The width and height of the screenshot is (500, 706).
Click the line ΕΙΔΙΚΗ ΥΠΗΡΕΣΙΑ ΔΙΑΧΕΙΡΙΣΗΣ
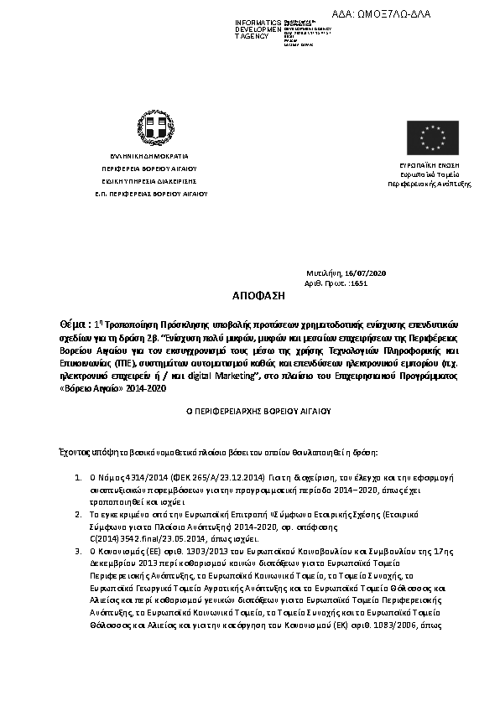coord(148,180)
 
